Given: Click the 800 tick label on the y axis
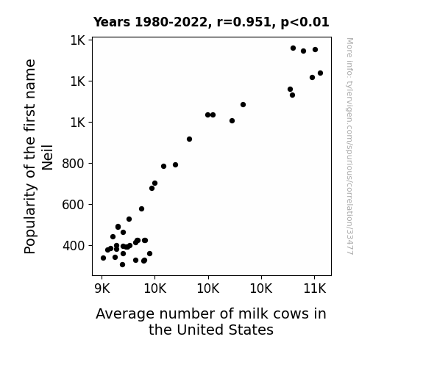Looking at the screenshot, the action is click(73, 164).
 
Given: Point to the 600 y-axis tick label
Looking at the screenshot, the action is click(73, 205).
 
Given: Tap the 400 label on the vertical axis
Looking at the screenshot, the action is click(73, 246).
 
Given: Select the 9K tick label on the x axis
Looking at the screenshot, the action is click(102, 288).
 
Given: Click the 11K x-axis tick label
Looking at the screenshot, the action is click(315, 288).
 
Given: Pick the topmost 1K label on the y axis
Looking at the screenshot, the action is click(78, 40).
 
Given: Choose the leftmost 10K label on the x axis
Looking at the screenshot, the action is click(155, 288).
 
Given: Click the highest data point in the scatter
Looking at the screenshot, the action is click(293, 48).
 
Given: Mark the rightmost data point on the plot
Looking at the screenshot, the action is click(320, 73).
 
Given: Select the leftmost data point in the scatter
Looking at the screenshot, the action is click(103, 258).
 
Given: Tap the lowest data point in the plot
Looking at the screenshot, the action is click(122, 264).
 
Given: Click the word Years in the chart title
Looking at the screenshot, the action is click(112, 22).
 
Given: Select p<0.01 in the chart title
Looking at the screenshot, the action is click(305, 23).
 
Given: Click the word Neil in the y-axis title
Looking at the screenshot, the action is click(48, 158).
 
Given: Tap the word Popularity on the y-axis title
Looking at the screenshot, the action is click(29, 219).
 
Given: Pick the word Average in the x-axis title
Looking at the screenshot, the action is click(125, 314).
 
